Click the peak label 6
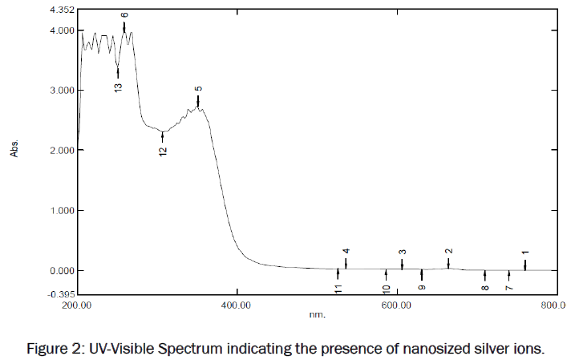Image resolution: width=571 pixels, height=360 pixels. [x=124, y=14]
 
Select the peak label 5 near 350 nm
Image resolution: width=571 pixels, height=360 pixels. [x=198, y=88]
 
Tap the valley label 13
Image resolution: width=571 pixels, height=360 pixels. [x=118, y=87]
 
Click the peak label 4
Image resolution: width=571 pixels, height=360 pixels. [x=346, y=251]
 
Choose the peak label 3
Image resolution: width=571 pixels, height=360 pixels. [x=402, y=253]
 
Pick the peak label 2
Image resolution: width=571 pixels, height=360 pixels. [x=448, y=252]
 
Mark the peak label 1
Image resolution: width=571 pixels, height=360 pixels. [x=525, y=253]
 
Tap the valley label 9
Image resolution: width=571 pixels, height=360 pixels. [x=422, y=285]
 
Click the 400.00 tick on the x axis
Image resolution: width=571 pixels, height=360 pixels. [x=237, y=305]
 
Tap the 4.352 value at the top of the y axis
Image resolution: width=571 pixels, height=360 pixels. [x=62, y=10]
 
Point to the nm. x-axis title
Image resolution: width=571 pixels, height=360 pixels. [x=317, y=315]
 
